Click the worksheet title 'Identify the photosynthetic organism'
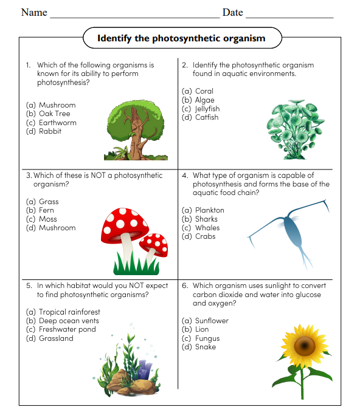coord(181,38)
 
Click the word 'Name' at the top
coord(34,12)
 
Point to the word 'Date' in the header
coord(232,12)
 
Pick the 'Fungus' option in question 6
coord(207,338)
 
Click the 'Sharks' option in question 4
coord(206,219)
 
